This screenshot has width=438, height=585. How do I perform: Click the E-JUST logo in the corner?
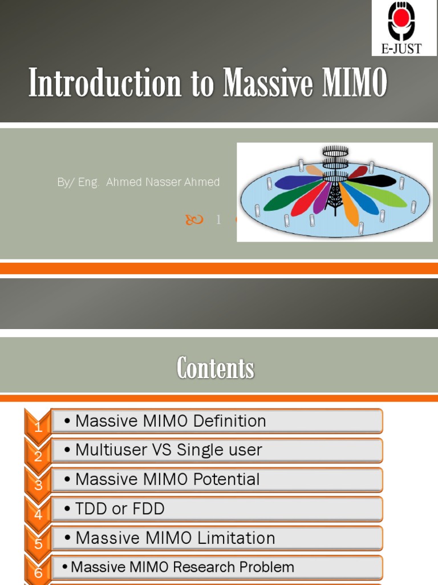pos(405,27)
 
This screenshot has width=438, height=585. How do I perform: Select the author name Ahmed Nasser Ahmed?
pos(163,182)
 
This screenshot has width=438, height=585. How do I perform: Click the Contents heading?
pos(215,368)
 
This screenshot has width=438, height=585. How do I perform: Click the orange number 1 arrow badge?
pos(38,426)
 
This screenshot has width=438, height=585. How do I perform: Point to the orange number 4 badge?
pos(38,513)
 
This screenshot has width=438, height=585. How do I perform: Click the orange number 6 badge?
pos(38,571)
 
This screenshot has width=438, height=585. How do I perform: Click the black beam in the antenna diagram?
pos(374,182)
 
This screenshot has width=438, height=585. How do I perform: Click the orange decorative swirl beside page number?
pos(194,219)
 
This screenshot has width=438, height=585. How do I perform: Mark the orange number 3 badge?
pos(38,484)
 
